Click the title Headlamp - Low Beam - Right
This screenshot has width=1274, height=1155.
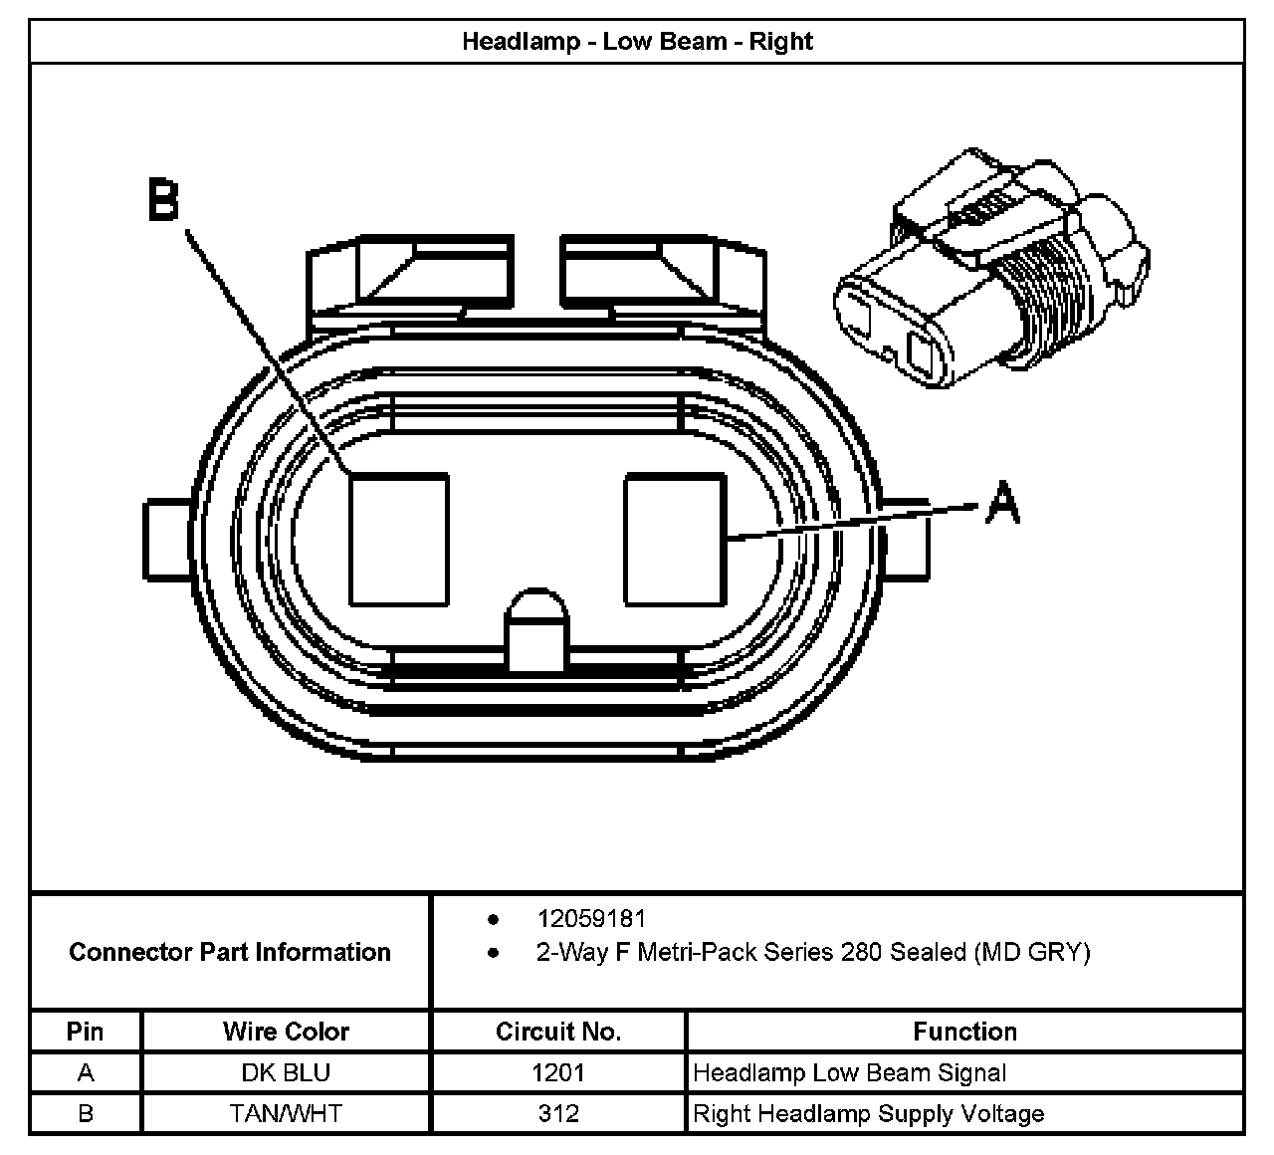click(x=637, y=42)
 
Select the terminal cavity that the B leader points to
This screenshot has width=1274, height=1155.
click(x=398, y=539)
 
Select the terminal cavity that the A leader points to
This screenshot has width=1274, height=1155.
click(x=675, y=539)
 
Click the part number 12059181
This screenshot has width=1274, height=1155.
click(x=591, y=918)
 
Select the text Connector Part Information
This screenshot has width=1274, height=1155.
click(x=230, y=952)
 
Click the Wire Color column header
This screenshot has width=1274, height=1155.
click(x=286, y=1032)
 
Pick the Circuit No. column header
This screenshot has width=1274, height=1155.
click(x=558, y=1032)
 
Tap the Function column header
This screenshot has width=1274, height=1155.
click(x=964, y=1032)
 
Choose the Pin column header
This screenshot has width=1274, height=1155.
click(x=86, y=1032)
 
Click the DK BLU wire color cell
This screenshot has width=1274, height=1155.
click(x=286, y=1073)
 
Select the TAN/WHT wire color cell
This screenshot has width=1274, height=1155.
click(x=286, y=1113)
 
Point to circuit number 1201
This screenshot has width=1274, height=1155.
click(x=558, y=1073)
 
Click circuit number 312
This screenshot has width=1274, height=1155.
click(x=558, y=1113)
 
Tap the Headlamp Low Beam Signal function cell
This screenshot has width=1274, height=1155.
click(x=849, y=1073)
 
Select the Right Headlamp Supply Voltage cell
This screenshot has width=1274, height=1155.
click(x=868, y=1113)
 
